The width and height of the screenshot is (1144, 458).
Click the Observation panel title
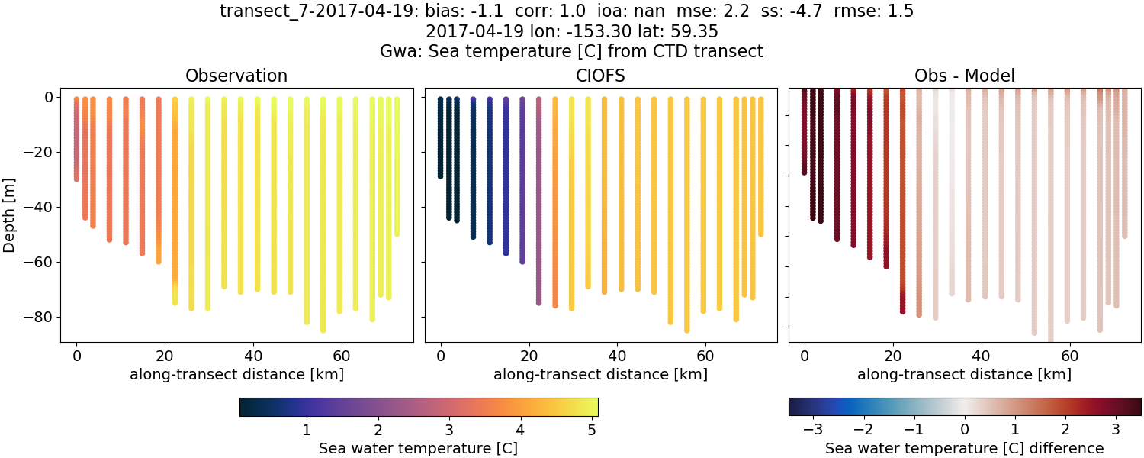pyautogui.click(x=236, y=76)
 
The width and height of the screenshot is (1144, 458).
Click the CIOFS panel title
pyautogui.click(x=600, y=76)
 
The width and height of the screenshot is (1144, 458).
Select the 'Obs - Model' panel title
pyautogui.click(x=964, y=76)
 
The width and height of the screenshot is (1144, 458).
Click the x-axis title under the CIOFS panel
pyautogui.click(x=600, y=375)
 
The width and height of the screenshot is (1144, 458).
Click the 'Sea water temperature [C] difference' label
pyautogui.click(x=965, y=448)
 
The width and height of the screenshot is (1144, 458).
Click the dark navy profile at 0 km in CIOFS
pyautogui.click(x=440, y=137)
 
